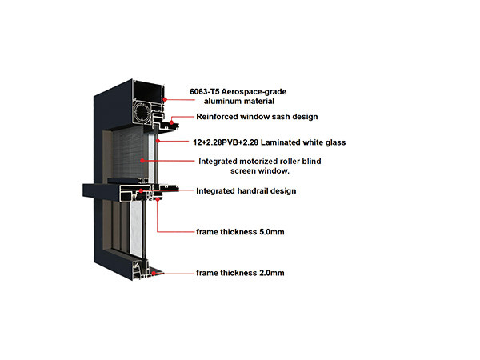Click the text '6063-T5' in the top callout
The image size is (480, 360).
point(203,91)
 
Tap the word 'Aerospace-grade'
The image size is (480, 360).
point(254,92)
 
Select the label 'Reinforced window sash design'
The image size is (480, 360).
point(257,117)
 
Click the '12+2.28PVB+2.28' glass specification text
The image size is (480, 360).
point(226,142)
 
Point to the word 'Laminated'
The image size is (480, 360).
point(281,142)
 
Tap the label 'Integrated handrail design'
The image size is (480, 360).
point(246,191)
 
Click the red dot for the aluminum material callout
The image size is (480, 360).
point(165,99)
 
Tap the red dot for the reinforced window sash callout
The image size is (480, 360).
point(171,122)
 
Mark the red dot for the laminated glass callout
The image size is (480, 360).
point(158,141)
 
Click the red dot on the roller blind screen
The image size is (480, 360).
point(142,161)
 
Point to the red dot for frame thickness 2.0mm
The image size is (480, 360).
point(154,273)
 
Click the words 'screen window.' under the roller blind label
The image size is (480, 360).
point(259,171)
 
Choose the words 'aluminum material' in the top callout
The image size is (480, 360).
point(239,102)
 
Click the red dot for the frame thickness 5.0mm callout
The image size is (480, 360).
point(158,199)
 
